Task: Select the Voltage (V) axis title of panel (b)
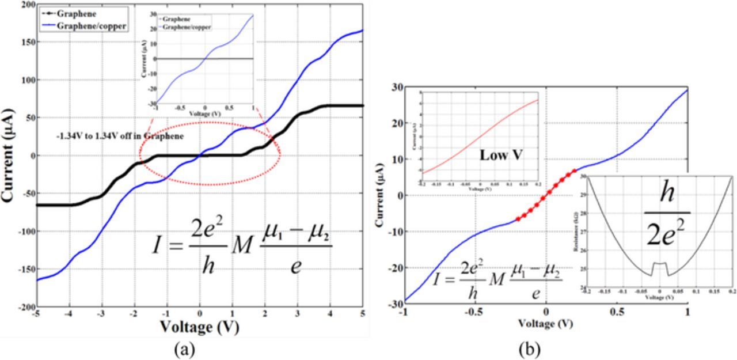(x=546, y=323)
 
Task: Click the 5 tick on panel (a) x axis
(x=362, y=314)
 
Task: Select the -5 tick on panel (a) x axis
(x=36, y=314)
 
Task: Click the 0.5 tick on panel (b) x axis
(x=617, y=312)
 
